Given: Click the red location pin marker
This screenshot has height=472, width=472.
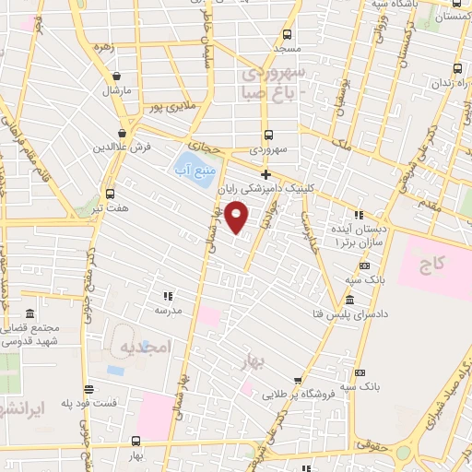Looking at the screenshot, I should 238,217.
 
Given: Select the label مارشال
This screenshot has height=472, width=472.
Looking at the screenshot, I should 117,90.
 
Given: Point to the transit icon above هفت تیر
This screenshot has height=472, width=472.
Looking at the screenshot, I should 111,194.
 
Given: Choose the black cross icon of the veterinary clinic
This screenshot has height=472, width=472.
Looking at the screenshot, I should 265,174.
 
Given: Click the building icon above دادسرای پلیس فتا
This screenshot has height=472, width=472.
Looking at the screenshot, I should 350,301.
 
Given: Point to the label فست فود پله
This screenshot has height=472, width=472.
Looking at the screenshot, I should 88,404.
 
